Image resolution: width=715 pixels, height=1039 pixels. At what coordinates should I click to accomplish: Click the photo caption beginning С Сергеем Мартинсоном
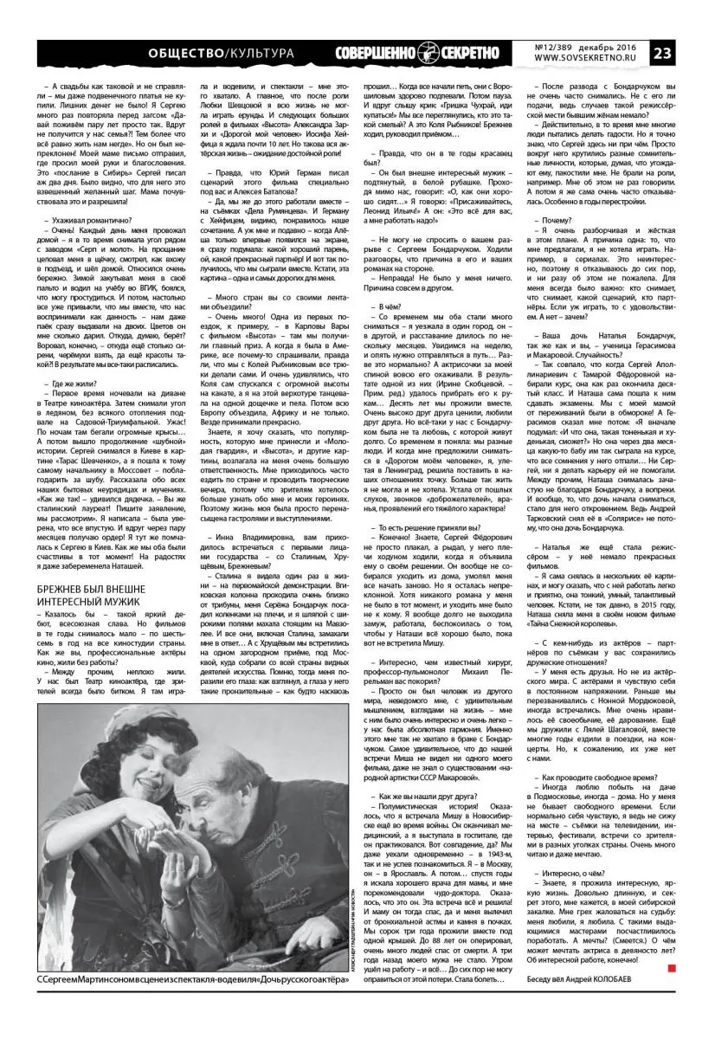click(x=173, y=1002)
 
